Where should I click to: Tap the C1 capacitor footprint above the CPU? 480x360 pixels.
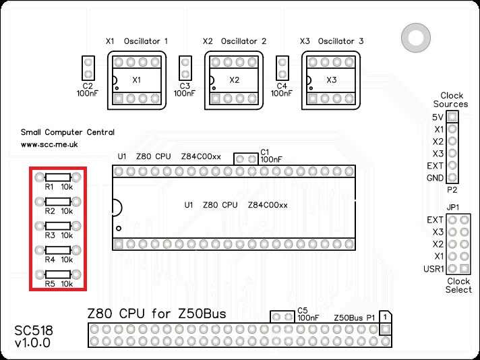tap(246, 159)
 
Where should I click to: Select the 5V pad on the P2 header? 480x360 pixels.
tap(452, 117)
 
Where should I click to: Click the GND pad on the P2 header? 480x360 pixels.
tap(452, 178)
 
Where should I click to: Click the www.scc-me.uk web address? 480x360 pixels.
tap(49, 144)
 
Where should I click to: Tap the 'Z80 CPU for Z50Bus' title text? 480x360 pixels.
tap(156, 314)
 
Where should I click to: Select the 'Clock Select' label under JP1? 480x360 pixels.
tap(458, 285)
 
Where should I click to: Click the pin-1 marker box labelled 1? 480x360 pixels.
tap(384, 316)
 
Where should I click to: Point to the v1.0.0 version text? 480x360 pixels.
tap(33, 344)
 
